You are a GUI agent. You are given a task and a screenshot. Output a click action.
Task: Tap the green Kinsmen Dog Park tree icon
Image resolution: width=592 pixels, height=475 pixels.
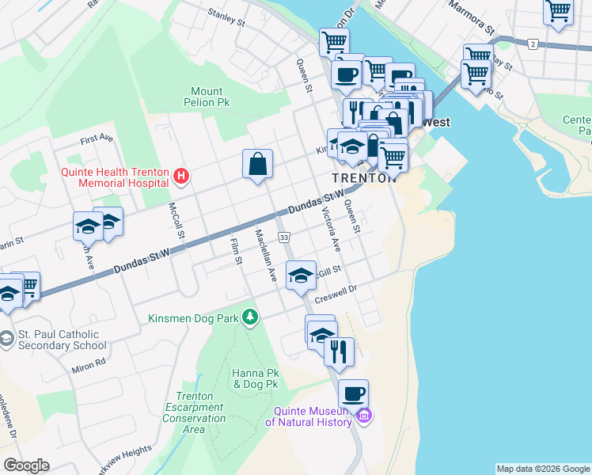(x=250, y=317)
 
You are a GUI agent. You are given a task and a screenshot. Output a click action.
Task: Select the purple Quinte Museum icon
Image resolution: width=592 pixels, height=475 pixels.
(x=364, y=416)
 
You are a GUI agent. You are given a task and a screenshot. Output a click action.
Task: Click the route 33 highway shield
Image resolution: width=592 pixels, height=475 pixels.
(x=284, y=237)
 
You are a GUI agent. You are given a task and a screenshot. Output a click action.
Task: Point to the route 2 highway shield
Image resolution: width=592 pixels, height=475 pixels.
(x=534, y=43)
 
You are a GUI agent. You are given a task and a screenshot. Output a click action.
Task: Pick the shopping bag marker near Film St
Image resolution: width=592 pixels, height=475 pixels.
(x=258, y=165)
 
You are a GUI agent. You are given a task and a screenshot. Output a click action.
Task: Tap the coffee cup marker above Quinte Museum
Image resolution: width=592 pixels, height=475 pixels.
(x=354, y=393)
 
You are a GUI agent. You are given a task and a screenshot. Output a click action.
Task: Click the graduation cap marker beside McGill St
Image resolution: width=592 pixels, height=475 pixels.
(x=301, y=275)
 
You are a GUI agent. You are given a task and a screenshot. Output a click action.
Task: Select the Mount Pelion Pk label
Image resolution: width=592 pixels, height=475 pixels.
(x=207, y=97)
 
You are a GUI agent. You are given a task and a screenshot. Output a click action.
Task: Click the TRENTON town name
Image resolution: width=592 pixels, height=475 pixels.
(x=362, y=178)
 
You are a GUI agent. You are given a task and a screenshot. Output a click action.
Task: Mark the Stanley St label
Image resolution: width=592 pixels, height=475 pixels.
(x=227, y=17)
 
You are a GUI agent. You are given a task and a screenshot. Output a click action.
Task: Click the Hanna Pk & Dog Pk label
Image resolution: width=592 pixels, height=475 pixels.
(x=255, y=378)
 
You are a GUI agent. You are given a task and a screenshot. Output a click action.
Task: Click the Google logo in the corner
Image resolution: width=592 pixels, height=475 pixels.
(x=26, y=465)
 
